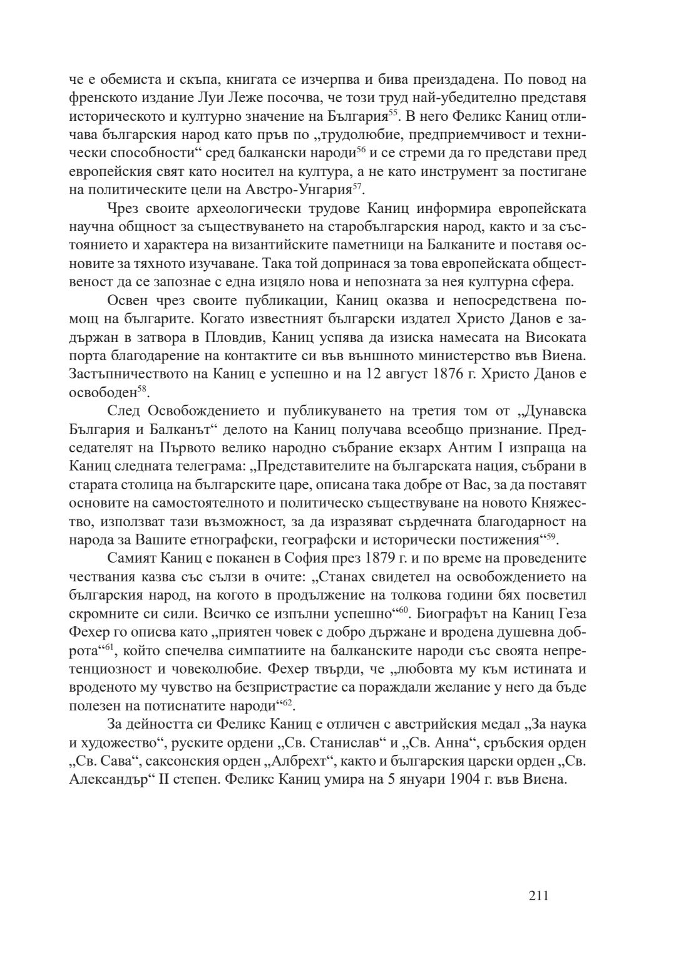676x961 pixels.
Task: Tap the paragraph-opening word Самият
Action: (x=131, y=558)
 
